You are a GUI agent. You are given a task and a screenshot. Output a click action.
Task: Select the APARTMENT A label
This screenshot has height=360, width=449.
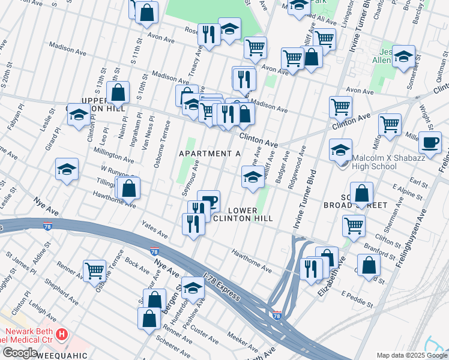tap(210, 154)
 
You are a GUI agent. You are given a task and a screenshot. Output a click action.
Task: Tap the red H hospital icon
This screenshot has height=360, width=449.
tap(61, 334)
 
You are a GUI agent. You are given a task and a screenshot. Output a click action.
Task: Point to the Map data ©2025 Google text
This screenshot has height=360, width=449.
tap(412, 355)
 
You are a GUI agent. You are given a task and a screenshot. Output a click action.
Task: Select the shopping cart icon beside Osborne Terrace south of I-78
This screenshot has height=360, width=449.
tap(95, 271)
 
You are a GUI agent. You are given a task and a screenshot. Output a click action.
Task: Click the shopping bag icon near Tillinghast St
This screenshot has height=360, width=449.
tap(128, 188)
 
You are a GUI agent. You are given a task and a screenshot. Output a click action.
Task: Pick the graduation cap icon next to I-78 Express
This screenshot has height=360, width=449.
tap(193, 288)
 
